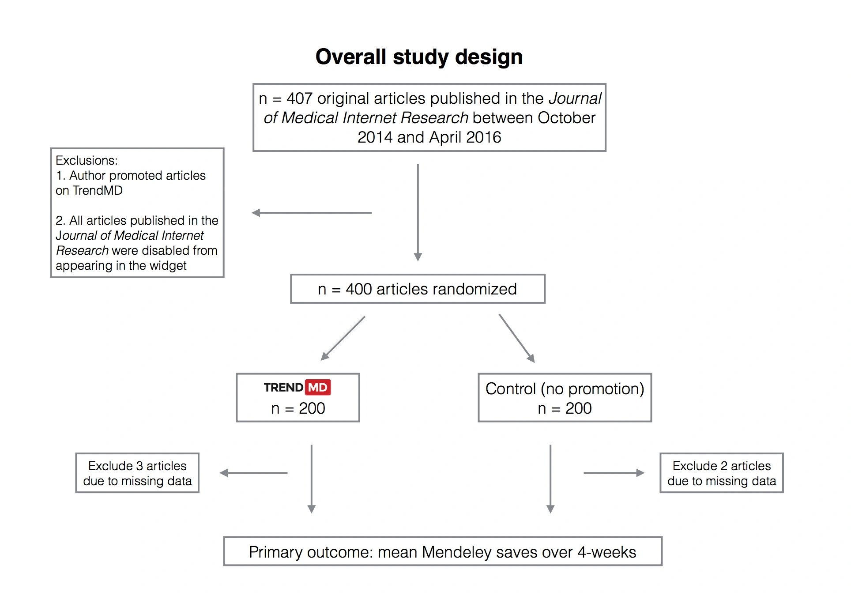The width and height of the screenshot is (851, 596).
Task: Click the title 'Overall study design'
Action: [x=419, y=57]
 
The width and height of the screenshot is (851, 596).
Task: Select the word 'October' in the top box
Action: [x=566, y=118]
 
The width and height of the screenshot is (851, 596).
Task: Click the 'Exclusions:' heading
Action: [x=87, y=160]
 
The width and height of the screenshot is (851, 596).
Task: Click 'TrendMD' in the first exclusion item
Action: [x=98, y=190]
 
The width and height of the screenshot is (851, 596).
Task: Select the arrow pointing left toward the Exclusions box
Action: [x=312, y=213]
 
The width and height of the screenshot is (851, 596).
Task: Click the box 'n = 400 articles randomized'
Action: [x=417, y=289]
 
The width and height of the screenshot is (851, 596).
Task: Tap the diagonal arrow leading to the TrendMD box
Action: [x=343, y=338]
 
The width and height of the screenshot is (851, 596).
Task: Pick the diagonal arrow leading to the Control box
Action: [x=516, y=338]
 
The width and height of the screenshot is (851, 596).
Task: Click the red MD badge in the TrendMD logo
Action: [x=318, y=388]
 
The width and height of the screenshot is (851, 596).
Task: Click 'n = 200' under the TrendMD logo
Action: [x=298, y=408]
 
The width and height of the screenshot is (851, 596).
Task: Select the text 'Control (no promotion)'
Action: [x=565, y=389]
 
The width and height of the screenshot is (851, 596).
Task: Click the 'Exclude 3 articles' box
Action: [x=137, y=473]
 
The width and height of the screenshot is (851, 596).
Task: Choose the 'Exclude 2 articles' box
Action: [x=721, y=473]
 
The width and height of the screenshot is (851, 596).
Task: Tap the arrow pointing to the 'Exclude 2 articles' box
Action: [x=614, y=473]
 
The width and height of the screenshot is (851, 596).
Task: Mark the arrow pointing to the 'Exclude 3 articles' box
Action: [x=253, y=473]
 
